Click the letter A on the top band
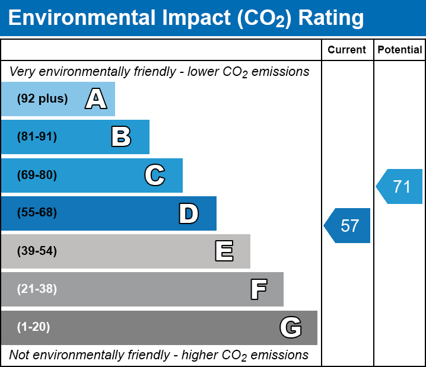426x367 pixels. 96,99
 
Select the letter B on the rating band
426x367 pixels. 121,137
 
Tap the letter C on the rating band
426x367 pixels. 155,175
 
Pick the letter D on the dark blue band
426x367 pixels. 189,213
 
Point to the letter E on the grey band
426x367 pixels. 224,251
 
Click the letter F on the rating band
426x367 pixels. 258,289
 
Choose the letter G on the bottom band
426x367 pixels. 291,327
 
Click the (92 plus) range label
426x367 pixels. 42,99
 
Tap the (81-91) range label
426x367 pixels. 37,137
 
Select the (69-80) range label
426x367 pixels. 37,175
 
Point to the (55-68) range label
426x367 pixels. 37,213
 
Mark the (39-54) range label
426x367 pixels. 37,251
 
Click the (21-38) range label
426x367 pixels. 37,289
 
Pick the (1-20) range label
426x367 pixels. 34,327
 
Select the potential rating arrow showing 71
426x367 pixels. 400,187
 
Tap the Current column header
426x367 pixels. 347,50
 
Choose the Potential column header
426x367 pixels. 400,50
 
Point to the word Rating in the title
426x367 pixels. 331,18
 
